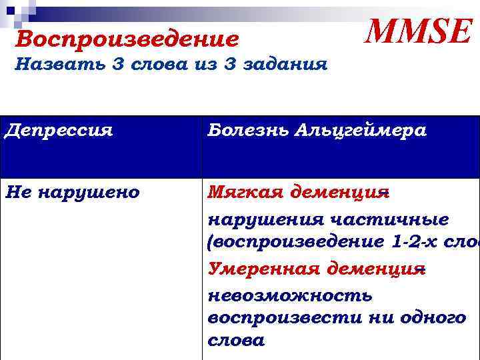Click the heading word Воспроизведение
(127, 39)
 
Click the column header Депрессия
(58, 130)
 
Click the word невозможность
(290, 294)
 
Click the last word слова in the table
(236, 341)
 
